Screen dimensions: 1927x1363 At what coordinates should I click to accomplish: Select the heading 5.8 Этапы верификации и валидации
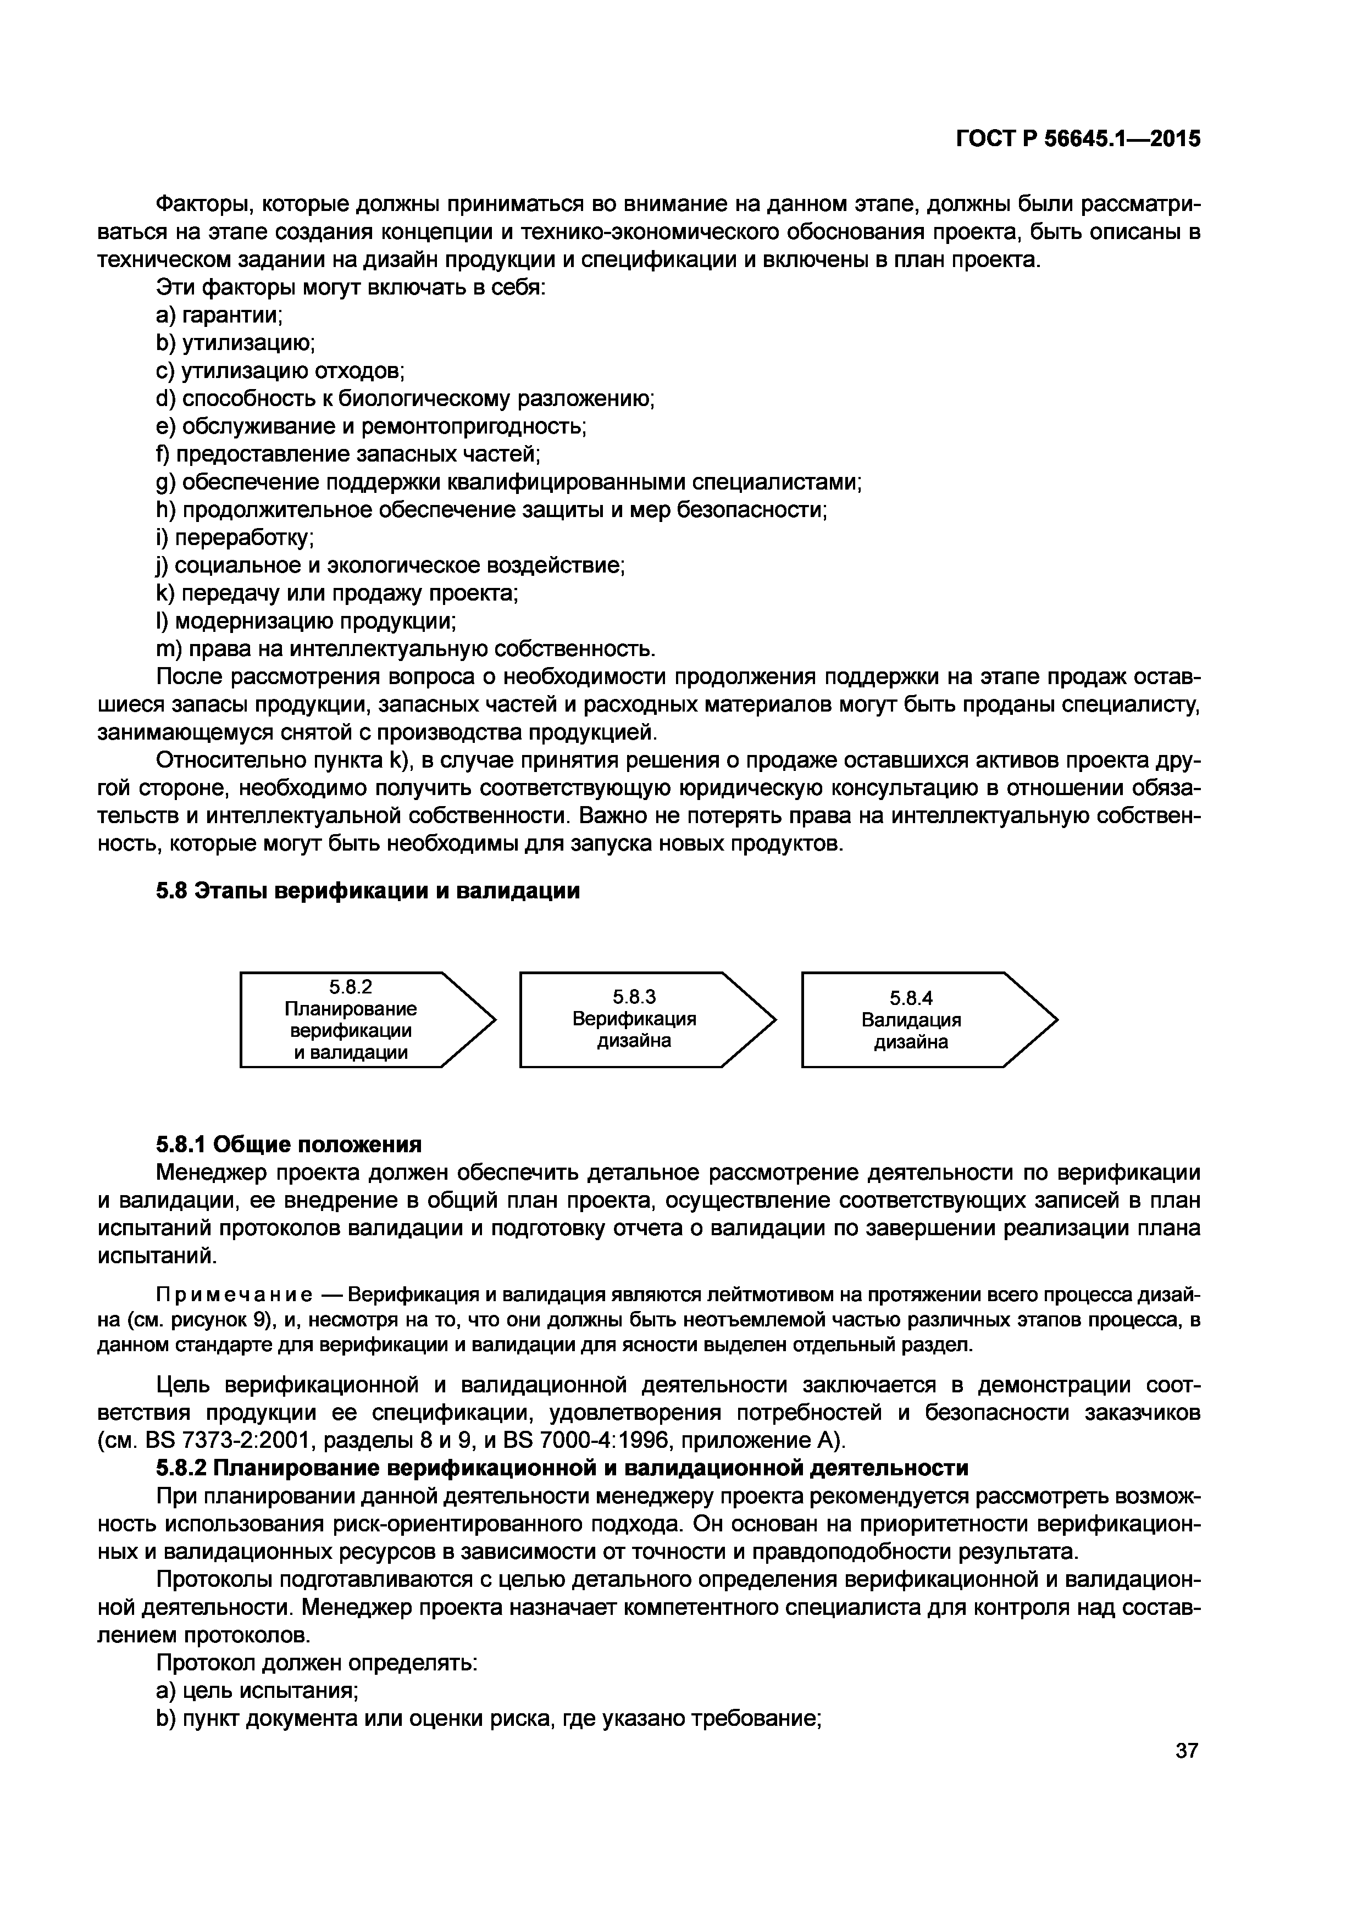click(368, 891)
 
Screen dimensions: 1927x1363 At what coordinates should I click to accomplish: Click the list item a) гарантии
click(220, 315)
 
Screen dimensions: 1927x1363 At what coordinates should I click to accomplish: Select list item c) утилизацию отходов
click(281, 370)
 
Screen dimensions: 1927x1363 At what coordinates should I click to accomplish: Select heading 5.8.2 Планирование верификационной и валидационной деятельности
click(562, 1468)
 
